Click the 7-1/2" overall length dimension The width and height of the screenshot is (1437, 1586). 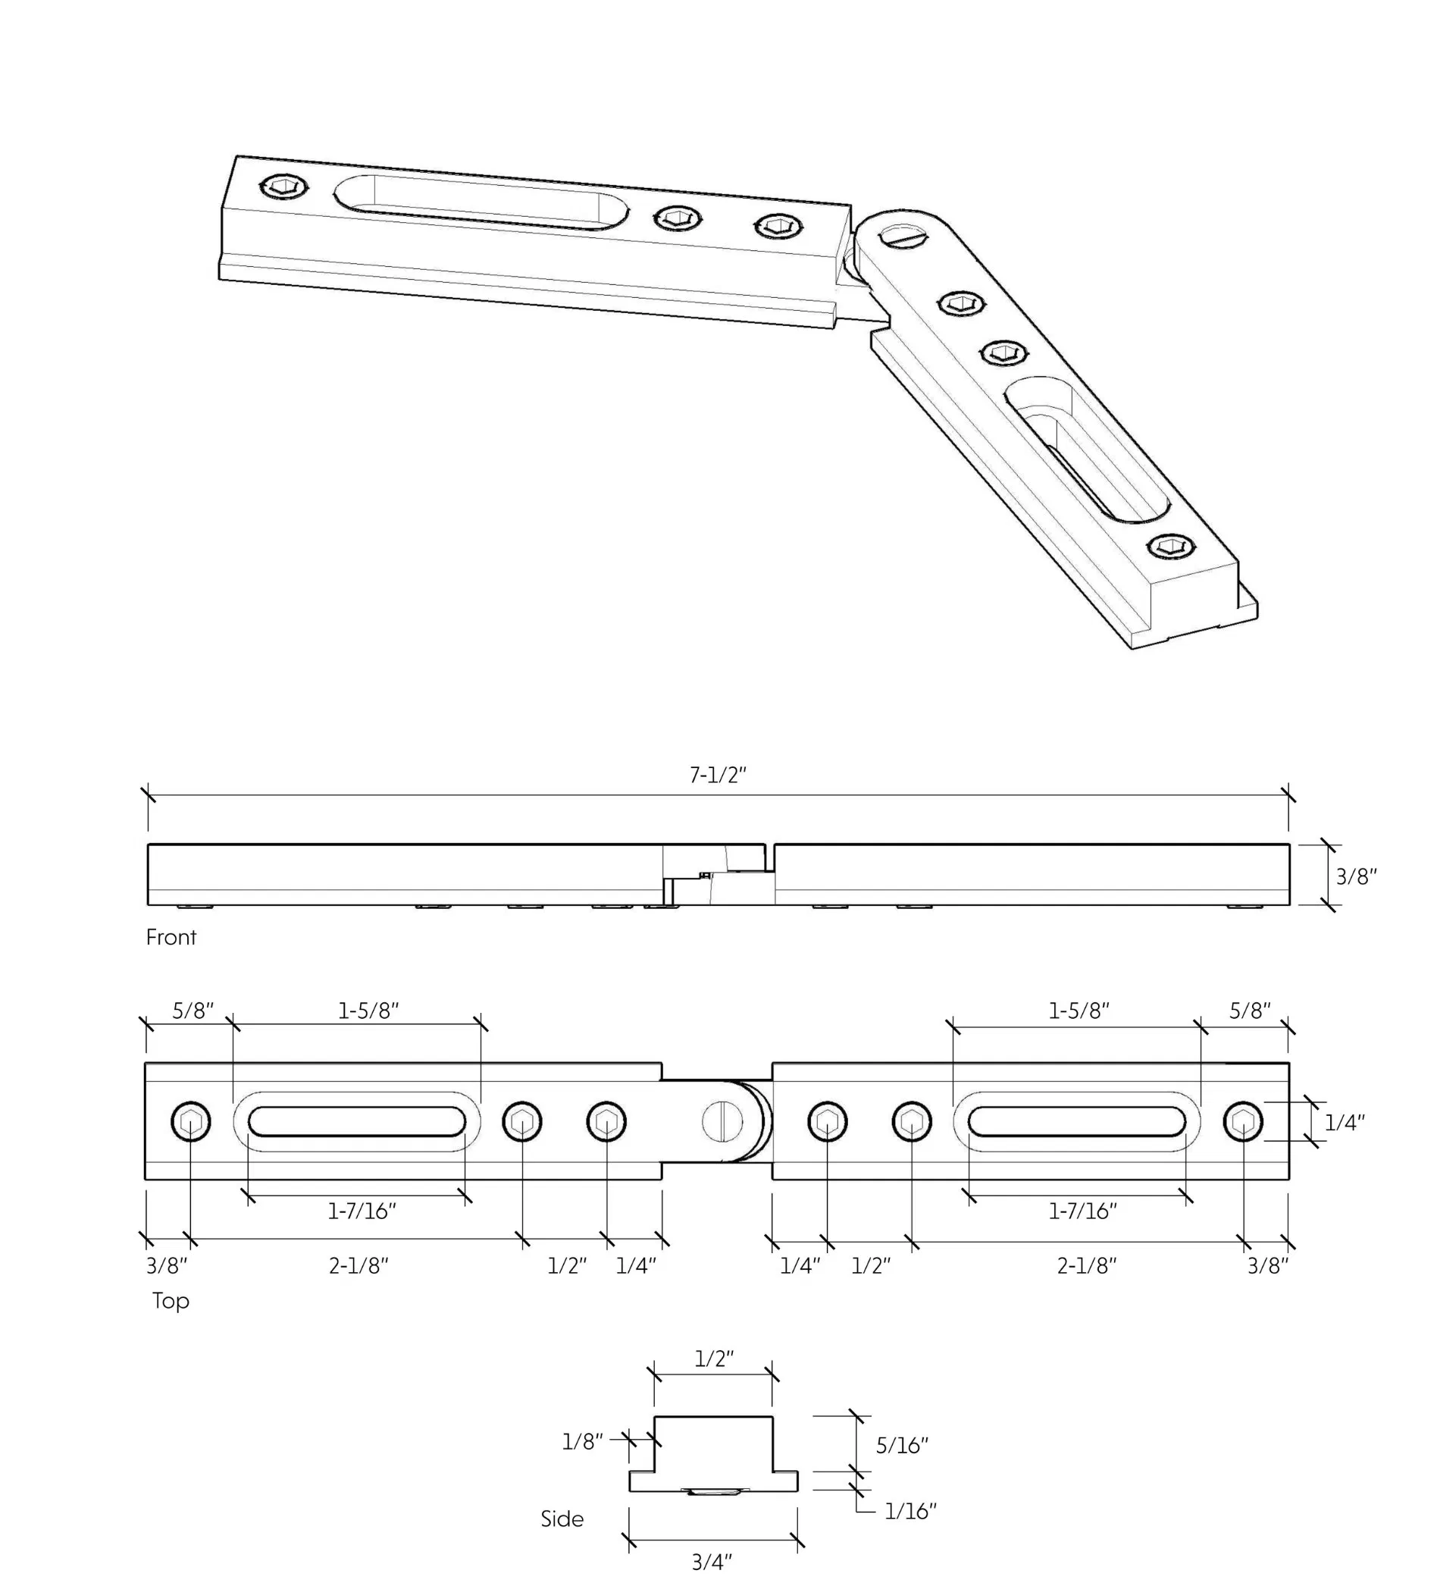[x=716, y=775]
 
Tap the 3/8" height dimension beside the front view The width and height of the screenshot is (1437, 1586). [x=1355, y=876]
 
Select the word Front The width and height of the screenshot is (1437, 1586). [x=171, y=937]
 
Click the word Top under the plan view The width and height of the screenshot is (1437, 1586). [x=170, y=1300]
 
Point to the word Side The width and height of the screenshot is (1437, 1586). [x=562, y=1519]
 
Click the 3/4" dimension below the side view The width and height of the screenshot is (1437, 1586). [x=711, y=1562]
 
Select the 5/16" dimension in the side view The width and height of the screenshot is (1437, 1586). [x=901, y=1445]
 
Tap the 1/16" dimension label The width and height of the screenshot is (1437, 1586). [x=910, y=1511]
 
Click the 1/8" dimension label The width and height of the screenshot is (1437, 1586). [x=582, y=1442]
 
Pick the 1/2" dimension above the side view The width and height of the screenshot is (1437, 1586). [x=713, y=1359]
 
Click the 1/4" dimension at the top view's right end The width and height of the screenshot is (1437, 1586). [x=1344, y=1123]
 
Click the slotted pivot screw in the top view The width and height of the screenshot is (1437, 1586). [x=722, y=1121]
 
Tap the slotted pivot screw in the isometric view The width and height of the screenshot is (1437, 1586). [x=905, y=234]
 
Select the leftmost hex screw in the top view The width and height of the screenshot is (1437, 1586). [x=190, y=1122]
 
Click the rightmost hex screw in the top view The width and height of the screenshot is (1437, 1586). [x=1243, y=1122]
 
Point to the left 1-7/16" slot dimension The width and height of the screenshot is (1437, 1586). [x=361, y=1211]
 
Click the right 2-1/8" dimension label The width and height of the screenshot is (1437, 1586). [x=1085, y=1266]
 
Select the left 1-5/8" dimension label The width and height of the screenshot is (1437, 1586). [x=368, y=1011]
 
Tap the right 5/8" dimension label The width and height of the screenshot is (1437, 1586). [x=1249, y=1011]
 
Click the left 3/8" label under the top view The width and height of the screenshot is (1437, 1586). [x=166, y=1266]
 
